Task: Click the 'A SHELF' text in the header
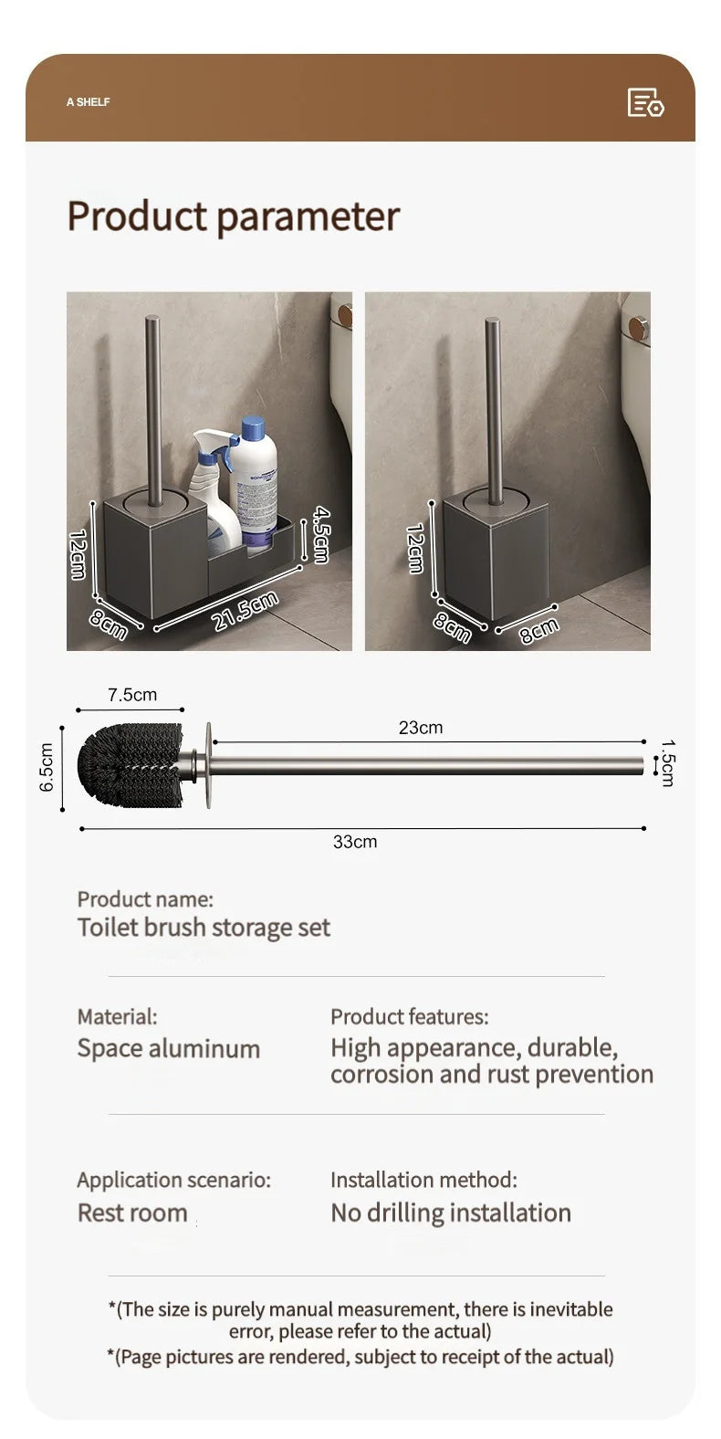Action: pyautogui.click(x=88, y=101)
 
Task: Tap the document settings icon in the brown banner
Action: pyautogui.click(x=645, y=103)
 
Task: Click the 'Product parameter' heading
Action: pyautogui.click(x=234, y=215)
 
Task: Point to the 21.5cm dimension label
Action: pyautogui.click(x=246, y=611)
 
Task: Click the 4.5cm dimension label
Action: pyautogui.click(x=320, y=534)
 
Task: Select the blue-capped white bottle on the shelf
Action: pyautogui.click(x=254, y=483)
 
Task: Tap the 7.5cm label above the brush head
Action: pyautogui.click(x=132, y=695)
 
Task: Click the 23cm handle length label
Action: pyautogui.click(x=421, y=727)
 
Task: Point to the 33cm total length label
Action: pyautogui.click(x=355, y=842)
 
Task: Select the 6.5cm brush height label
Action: pyautogui.click(x=47, y=767)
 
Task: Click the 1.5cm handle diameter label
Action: pyautogui.click(x=668, y=762)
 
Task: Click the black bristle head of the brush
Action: pyautogui.click(x=131, y=765)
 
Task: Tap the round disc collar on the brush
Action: pyautogui.click(x=208, y=764)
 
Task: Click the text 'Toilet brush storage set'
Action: pyautogui.click(x=204, y=927)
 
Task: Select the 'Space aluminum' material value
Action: pyautogui.click(x=169, y=1048)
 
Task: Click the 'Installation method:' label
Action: pyautogui.click(x=423, y=1180)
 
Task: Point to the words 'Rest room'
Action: pyautogui.click(x=132, y=1213)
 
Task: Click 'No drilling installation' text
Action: pyautogui.click(x=451, y=1213)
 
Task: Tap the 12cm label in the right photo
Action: pyautogui.click(x=414, y=549)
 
